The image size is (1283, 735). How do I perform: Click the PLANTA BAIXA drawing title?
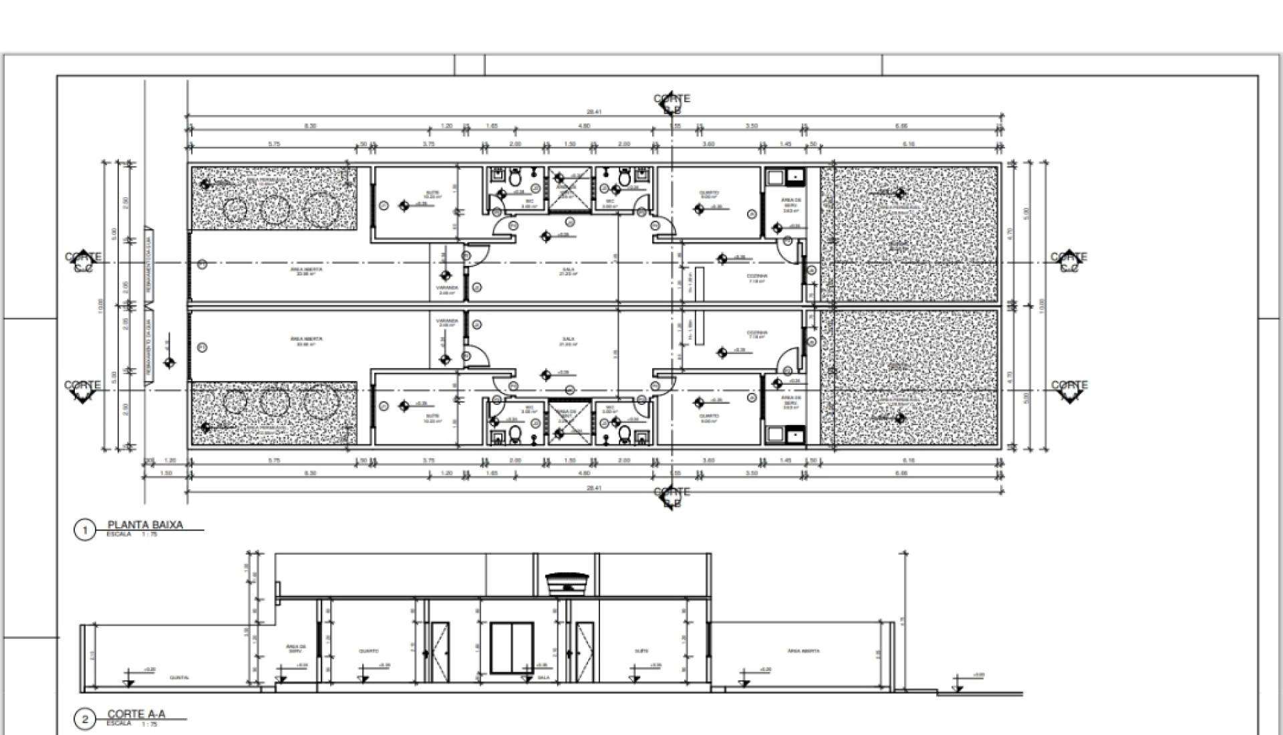coord(145,525)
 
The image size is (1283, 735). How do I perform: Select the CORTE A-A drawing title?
coord(136,714)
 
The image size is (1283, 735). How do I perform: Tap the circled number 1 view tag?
coord(84,531)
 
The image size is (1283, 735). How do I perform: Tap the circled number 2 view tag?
coord(84,720)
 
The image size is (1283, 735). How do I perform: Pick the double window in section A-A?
coord(511,647)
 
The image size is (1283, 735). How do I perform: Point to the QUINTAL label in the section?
coord(179,678)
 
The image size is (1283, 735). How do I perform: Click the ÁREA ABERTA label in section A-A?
coord(803,650)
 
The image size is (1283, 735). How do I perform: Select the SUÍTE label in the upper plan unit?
coord(433,194)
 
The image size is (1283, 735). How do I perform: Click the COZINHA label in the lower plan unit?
coord(757,333)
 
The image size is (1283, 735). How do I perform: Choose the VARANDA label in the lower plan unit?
coord(446,322)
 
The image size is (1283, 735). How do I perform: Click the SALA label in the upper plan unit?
coord(568,271)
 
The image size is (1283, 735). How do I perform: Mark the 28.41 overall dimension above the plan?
coord(593,112)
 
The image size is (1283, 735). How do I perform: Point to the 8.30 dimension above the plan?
coord(310,126)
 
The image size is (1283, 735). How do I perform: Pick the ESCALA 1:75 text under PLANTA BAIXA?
coord(132,535)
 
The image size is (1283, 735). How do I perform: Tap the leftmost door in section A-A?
coord(439,651)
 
